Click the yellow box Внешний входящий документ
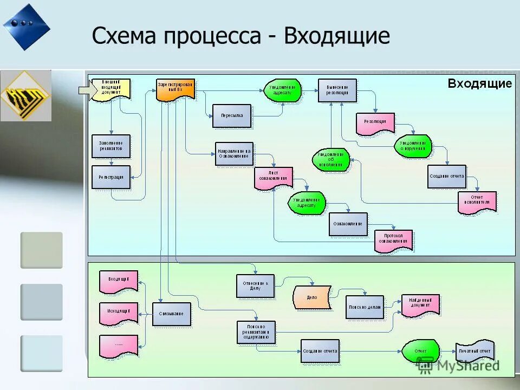[x=111, y=89]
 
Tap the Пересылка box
[x=232, y=116]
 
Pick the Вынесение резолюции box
[x=337, y=90]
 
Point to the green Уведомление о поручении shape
[x=413, y=146]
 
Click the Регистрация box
[x=111, y=177]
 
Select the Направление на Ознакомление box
[x=235, y=154]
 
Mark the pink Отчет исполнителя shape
[x=477, y=203]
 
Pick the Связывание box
[x=172, y=314]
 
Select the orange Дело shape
[x=312, y=297]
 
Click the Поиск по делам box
[x=365, y=307]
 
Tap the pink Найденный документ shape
[x=420, y=305]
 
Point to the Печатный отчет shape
[x=475, y=352]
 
